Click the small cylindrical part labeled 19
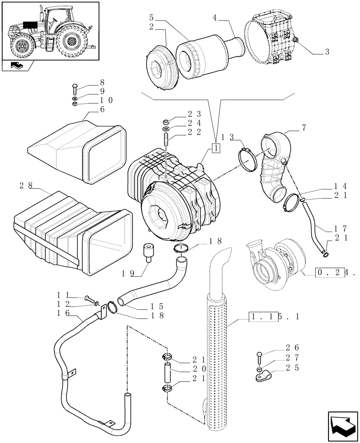click(x=148, y=253)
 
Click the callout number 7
click(x=304, y=128)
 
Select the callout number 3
click(x=327, y=52)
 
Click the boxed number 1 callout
click(x=216, y=148)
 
